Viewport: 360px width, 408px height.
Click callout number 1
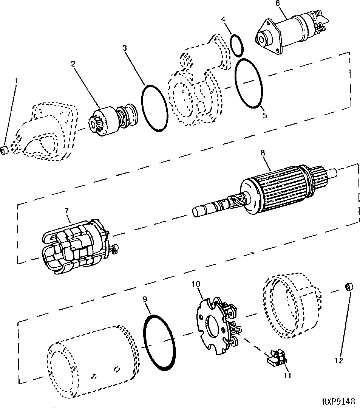[x=16, y=80]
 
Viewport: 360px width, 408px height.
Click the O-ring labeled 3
[x=155, y=108]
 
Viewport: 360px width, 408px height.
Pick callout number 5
[x=265, y=115]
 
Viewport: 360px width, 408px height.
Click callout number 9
[x=145, y=299]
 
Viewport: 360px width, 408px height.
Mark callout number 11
[x=288, y=375]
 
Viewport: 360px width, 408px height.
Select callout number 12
[x=338, y=361]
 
